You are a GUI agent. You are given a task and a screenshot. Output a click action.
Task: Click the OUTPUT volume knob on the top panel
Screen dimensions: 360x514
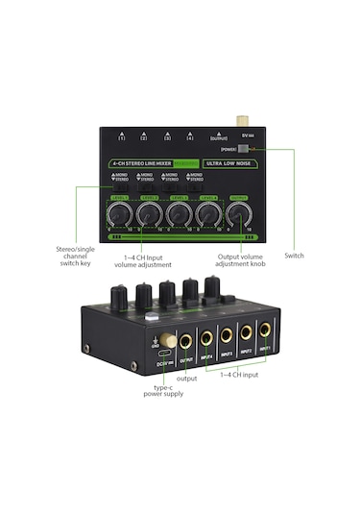(229, 213)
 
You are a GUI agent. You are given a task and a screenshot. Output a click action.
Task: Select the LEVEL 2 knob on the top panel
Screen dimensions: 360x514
(148, 213)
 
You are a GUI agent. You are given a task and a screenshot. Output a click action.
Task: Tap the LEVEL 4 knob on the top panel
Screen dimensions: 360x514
(203, 213)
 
